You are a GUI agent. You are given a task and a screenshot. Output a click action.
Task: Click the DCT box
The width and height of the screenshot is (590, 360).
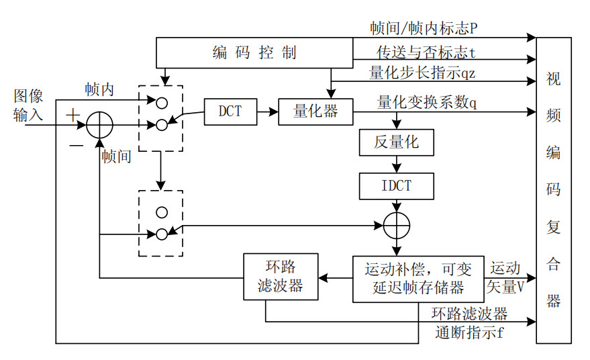[230, 111]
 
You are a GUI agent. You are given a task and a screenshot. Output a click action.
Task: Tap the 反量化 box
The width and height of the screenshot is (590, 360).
[397, 144]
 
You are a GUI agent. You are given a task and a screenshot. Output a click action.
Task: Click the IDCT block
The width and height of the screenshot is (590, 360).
[397, 185]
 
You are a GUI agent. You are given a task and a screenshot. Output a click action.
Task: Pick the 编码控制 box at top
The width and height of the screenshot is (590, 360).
[254, 53]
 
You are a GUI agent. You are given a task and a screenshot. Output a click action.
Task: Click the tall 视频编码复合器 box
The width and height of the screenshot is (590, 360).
[553, 191]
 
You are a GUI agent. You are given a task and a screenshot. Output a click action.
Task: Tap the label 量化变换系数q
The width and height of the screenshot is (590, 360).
[427, 102]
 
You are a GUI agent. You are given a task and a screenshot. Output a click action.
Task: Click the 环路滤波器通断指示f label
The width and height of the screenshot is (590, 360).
[469, 322]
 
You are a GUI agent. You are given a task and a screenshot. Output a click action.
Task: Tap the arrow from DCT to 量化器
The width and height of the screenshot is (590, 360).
[268, 111]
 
